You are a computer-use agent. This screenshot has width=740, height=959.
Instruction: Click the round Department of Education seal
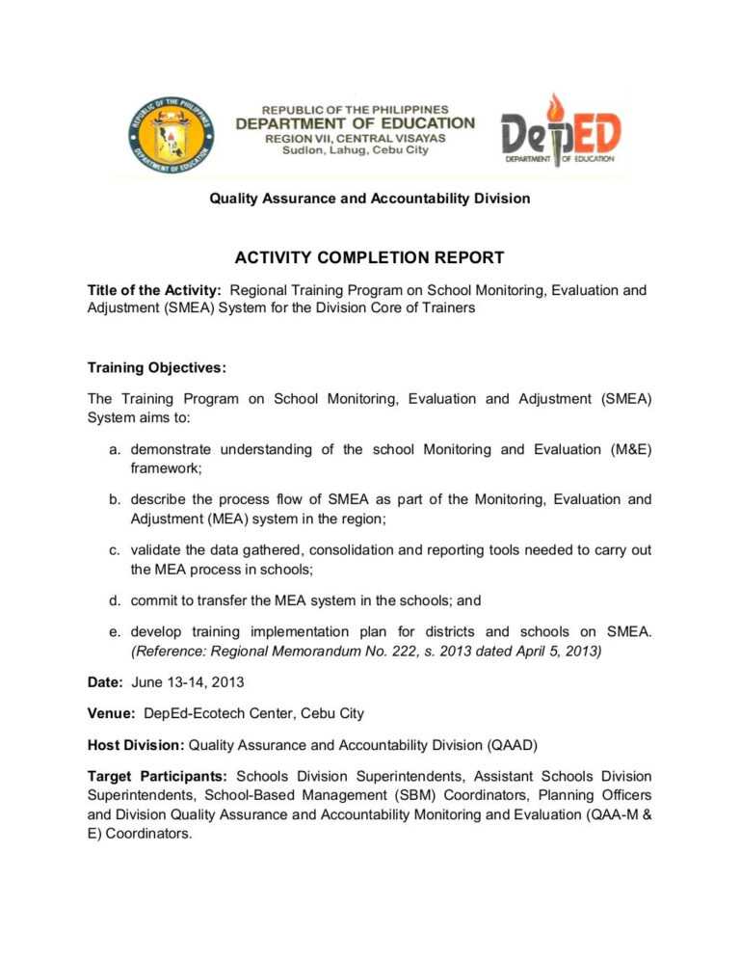pos(170,136)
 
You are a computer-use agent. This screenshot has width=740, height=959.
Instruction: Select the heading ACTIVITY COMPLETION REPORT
pos(370,257)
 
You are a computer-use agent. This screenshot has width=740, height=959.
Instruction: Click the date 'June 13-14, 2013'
pos(186,682)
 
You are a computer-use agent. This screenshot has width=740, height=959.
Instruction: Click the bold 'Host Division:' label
pos(136,745)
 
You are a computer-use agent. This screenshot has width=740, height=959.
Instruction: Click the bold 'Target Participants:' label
pos(157,776)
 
